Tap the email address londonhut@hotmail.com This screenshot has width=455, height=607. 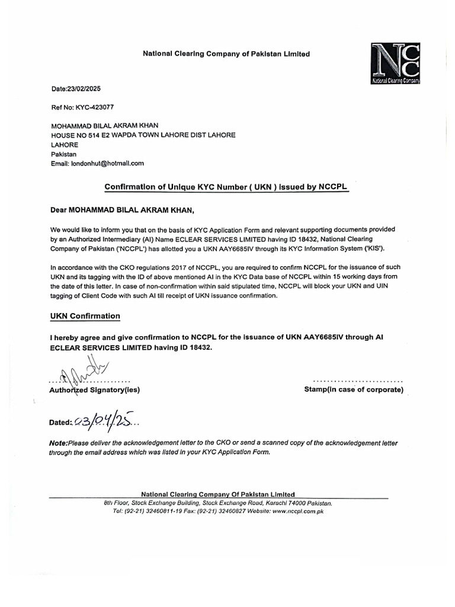pyautogui.click(x=108, y=163)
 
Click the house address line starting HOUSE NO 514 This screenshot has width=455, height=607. pyautogui.click(x=143, y=135)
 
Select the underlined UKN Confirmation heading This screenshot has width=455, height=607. pyautogui.click(x=85, y=316)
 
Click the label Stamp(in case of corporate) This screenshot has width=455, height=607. pyautogui.click(x=354, y=389)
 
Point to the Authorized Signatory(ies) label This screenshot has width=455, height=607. pyautogui.click(x=95, y=390)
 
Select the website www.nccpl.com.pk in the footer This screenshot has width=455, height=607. pyautogui.click(x=297, y=510)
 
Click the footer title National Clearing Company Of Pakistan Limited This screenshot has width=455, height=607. pyautogui.click(x=217, y=494)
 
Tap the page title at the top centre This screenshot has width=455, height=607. pyautogui.click(x=226, y=54)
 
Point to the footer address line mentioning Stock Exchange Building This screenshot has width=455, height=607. pyautogui.click(x=218, y=503)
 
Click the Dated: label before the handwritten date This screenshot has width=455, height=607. pyautogui.click(x=61, y=423)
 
